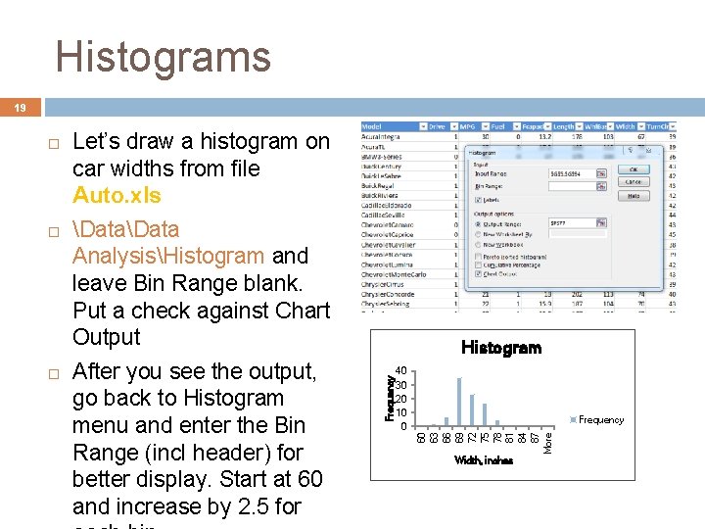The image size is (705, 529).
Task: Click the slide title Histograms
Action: (x=163, y=57)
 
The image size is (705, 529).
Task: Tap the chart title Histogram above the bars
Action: (x=500, y=348)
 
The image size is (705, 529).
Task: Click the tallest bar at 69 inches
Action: (x=459, y=402)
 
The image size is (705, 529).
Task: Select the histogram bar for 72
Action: (x=472, y=409)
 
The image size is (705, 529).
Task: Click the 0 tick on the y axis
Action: (x=402, y=426)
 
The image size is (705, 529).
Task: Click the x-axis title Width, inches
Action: (x=484, y=460)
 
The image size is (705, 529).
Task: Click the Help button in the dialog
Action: (x=634, y=196)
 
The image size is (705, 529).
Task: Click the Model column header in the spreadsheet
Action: (x=372, y=125)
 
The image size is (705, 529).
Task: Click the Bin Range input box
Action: (x=573, y=185)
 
